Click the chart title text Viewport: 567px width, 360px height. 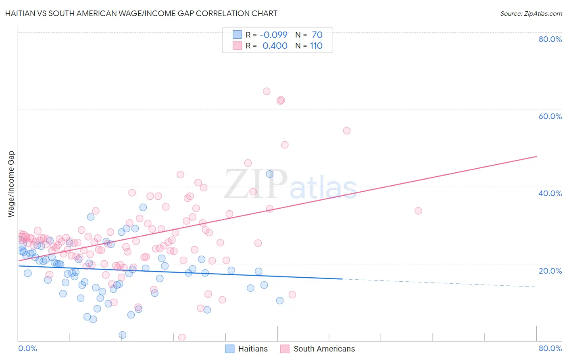[141, 13]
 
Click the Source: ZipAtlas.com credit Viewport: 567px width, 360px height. [531, 13]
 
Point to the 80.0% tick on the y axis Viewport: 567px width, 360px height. [550, 39]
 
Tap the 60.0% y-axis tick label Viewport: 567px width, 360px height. [550, 116]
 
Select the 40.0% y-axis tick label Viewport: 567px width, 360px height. [550, 193]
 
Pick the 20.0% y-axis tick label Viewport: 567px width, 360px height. [550, 270]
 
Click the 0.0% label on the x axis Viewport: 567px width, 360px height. [27, 348]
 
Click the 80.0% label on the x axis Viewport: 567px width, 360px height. [550, 348]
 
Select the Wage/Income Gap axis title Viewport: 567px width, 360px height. [11, 184]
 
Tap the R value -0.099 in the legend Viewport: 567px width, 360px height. [273, 35]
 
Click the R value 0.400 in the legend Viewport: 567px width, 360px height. [275, 46]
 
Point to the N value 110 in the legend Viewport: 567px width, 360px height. [316, 46]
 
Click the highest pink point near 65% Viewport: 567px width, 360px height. [267, 91]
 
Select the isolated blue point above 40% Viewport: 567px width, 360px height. [270, 174]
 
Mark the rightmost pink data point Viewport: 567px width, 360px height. [418, 211]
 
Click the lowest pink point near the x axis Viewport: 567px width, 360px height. [182, 337]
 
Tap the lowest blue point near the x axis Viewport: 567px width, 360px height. [123, 335]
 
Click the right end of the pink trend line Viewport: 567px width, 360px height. [536, 156]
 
